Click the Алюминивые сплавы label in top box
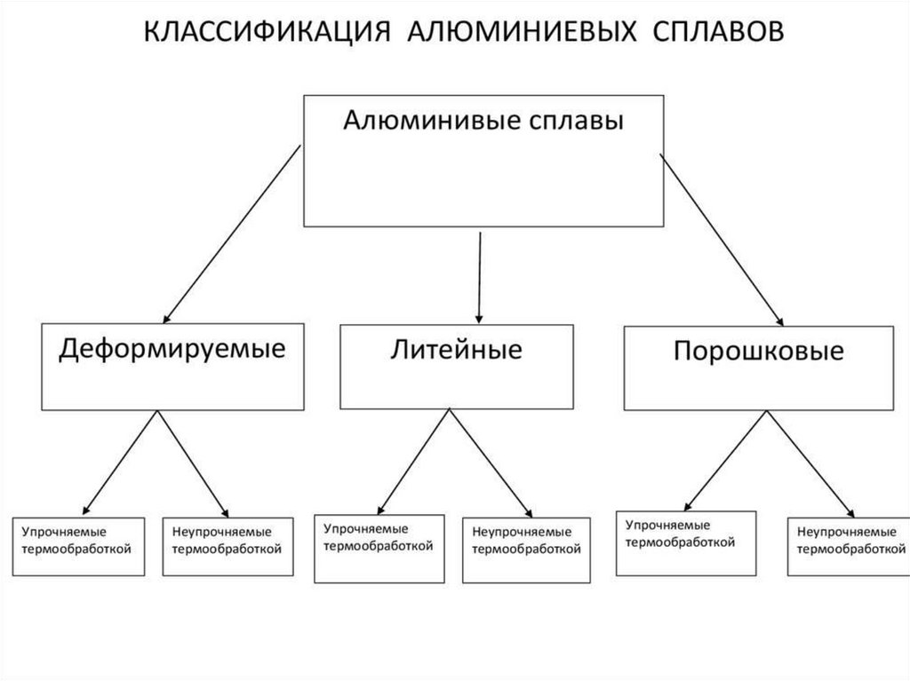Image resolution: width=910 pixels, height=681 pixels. pyautogui.click(x=483, y=122)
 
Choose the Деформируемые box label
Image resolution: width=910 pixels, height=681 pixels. pyautogui.click(x=172, y=348)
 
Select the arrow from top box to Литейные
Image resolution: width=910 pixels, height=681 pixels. pyautogui.click(x=480, y=276)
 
